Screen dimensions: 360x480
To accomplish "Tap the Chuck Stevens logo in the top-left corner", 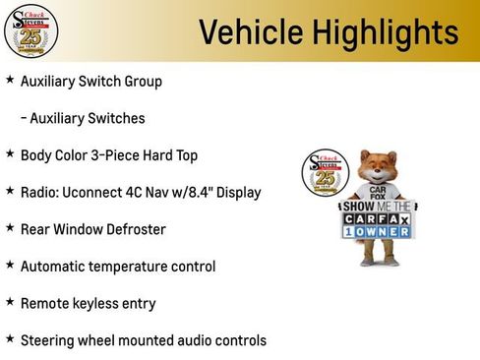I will tap(30, 30).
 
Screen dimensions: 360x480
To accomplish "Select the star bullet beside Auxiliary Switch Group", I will tap(10, 80).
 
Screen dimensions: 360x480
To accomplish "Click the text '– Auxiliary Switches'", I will tap(83, 118).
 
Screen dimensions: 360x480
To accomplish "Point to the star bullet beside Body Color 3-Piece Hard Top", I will tap(10, 153).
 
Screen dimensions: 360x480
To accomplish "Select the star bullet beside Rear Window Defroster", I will tap(10, 228).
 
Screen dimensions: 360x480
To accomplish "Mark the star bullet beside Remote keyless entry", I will tap(10, 302).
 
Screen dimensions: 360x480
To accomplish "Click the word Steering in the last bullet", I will tap(48, 341).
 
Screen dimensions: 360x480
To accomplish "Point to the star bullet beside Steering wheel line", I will tap(10, 339).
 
